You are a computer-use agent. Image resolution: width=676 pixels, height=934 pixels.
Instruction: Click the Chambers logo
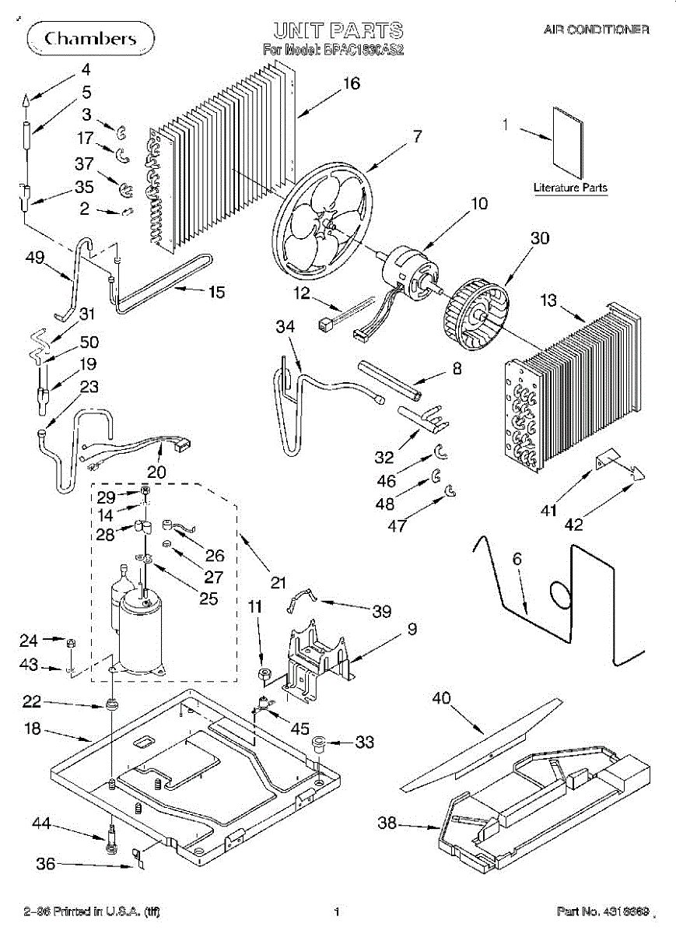[90, 38]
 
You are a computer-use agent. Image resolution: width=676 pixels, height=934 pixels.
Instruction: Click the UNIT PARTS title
[338, 31]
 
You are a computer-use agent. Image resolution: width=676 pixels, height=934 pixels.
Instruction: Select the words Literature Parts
[570, 188]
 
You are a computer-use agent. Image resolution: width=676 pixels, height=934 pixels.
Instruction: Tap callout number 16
[352, 83]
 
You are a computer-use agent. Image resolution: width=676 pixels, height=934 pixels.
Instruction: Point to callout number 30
[540, 239]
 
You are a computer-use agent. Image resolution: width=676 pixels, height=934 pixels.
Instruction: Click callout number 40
[442, 698]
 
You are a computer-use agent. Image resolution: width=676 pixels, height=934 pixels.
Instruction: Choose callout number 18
[33, 731]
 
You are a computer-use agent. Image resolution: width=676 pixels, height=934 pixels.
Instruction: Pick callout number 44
[43, 822]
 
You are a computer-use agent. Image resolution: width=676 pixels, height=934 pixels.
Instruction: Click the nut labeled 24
[69, 642]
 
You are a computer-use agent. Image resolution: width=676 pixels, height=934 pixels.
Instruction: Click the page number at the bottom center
[337, 911]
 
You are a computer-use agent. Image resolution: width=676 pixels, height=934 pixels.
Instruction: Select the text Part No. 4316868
[602, 911]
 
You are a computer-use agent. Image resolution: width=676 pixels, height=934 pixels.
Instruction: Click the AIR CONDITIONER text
[596, 30]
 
